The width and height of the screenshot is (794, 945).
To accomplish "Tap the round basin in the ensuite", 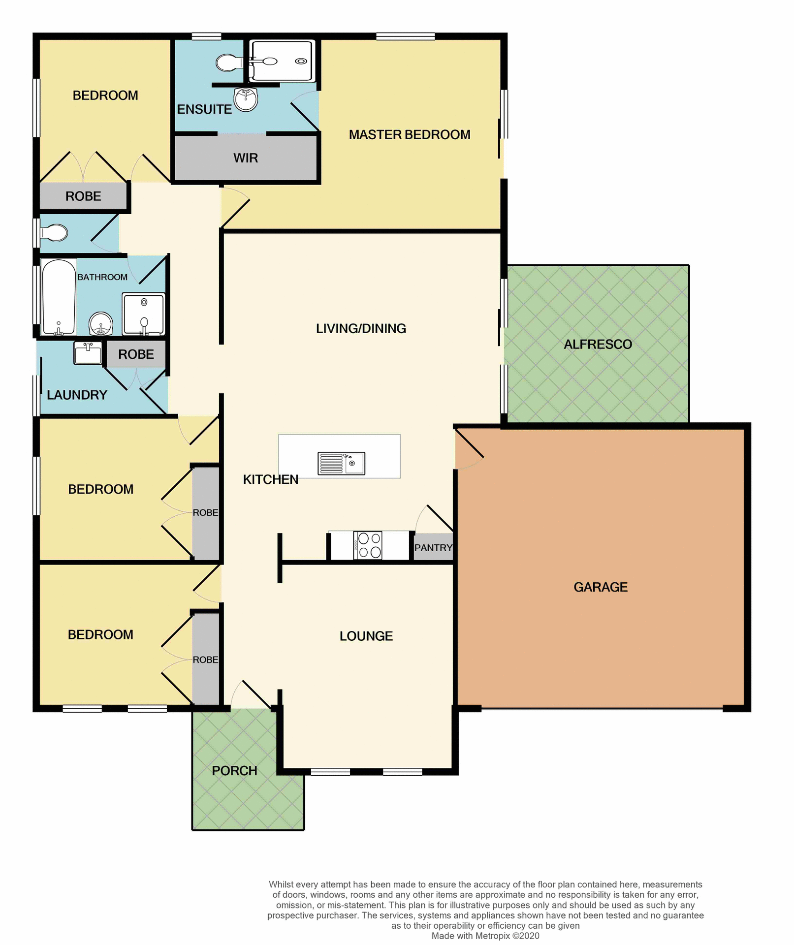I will [246, 99].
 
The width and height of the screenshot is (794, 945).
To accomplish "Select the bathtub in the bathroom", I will [59, 297].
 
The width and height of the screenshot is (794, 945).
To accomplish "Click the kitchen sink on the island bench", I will [341, 463].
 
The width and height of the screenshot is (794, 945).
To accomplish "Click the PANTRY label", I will [433, 548].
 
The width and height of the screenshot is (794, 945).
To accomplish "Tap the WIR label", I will [246, 158].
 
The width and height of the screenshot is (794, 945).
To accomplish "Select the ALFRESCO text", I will [598, 344].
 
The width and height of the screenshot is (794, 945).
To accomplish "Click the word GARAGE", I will [600, 587].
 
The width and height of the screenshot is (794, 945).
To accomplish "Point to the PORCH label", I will [234, 770].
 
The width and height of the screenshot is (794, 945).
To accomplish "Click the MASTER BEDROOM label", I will [410, 134].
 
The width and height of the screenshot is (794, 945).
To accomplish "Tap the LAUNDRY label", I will [77, 395].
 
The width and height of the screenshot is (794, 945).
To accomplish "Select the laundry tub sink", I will [88, 353].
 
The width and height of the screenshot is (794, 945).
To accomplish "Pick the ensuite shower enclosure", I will [281, 61].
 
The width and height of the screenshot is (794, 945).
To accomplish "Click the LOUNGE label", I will [366, 636].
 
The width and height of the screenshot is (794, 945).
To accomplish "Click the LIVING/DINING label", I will [361, 328].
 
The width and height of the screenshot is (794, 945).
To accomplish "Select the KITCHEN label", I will [270, 479].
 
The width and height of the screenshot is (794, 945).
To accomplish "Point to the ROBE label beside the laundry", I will [136, 354].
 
